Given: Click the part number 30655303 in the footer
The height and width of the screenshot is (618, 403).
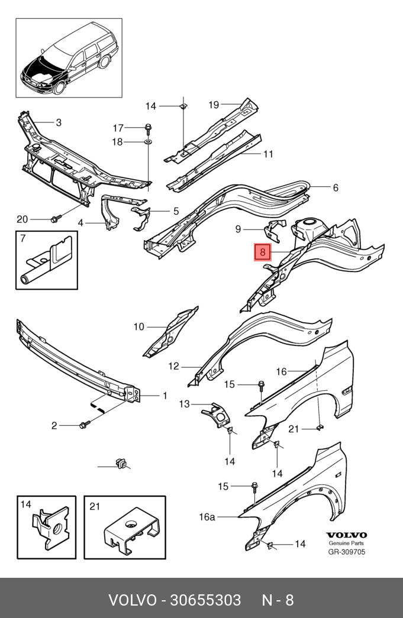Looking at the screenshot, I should pyautogui.click(x=205, y=600).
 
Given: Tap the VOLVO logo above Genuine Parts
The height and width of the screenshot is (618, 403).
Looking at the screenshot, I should pyautogui.click(x=346, y=535).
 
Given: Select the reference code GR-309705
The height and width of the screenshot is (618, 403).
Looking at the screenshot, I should pyautogui.click(x=346, y=552).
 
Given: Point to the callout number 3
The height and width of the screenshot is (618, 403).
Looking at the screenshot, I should pyautogui.click(x=59, y=122).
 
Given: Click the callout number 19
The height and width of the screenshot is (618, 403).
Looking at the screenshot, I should pyautogui.click(x=214, y=105).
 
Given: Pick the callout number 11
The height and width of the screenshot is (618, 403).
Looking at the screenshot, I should pyautogui.click(x=268, y=154).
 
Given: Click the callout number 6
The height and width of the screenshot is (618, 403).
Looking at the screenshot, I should pyautogui.click(x=335, y=187).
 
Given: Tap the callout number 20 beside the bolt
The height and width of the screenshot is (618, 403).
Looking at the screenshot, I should pyautogui.click(x=22, y=219).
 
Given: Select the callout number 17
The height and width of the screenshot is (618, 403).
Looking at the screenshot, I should pyautogui.click(x=118, y=128).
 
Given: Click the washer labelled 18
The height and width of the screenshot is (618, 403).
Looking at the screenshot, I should pyautogui.click(x=147, y=142).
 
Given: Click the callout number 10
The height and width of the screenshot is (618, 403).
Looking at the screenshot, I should pyautogui.click(x=138, y=326).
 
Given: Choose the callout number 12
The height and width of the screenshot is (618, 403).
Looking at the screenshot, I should pyautogui.click(x=173, y=366).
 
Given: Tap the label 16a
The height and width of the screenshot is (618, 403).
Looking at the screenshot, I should pyautogui.click(x=207, y=517).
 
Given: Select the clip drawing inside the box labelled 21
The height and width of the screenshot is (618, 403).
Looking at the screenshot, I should pyautogui.click(x=131, y=531).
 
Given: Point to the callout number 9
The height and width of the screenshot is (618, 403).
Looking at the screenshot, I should pyautogui.click(x=238, y=229).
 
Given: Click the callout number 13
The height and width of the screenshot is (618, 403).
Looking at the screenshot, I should pyautogui.click(x=185, y=404).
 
